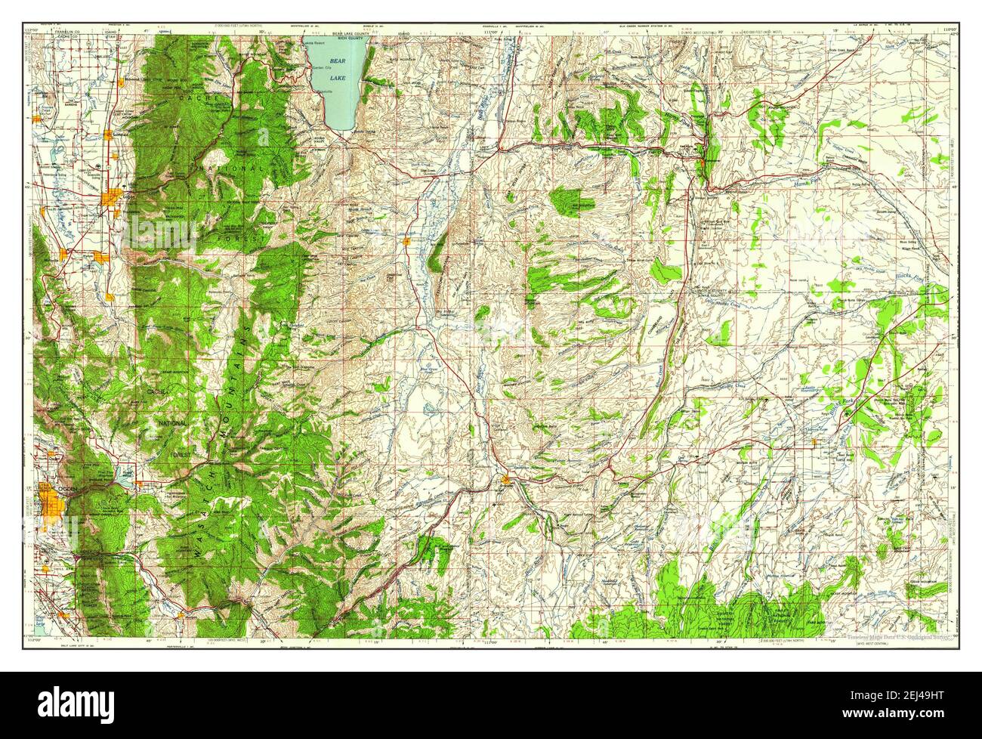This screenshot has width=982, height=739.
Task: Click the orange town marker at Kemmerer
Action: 702,161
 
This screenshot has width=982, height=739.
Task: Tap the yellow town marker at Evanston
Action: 504,478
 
